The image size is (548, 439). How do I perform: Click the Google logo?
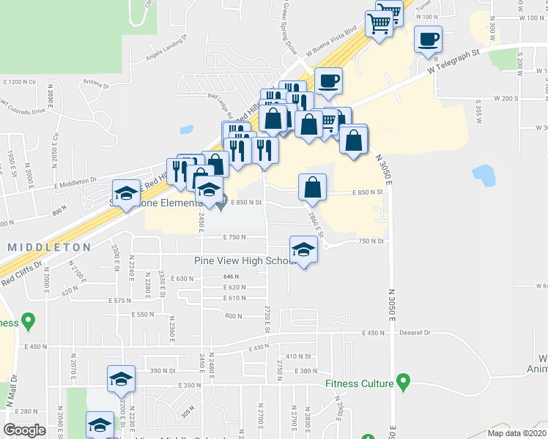pyautogui.click(x=24, y=430)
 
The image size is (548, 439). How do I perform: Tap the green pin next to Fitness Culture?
pyautogui.click(x=402, y=382)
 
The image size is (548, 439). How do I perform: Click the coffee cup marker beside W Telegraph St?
pyautogui.click(x=428, y=40)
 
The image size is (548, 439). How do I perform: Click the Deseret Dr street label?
pyautogui.click(x=415, y=332)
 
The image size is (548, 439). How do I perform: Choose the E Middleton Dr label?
pyautogui.click(x=74, y=180)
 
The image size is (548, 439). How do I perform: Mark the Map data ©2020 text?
pyautogui.click(x=516, y=433)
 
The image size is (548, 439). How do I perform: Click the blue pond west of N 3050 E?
pyautogui.click(x=484, y=176)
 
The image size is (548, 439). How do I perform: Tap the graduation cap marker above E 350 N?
pyautogui.click(x=121, y=379)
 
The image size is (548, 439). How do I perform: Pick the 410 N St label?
pyautogui.click(x=298, y=356)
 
